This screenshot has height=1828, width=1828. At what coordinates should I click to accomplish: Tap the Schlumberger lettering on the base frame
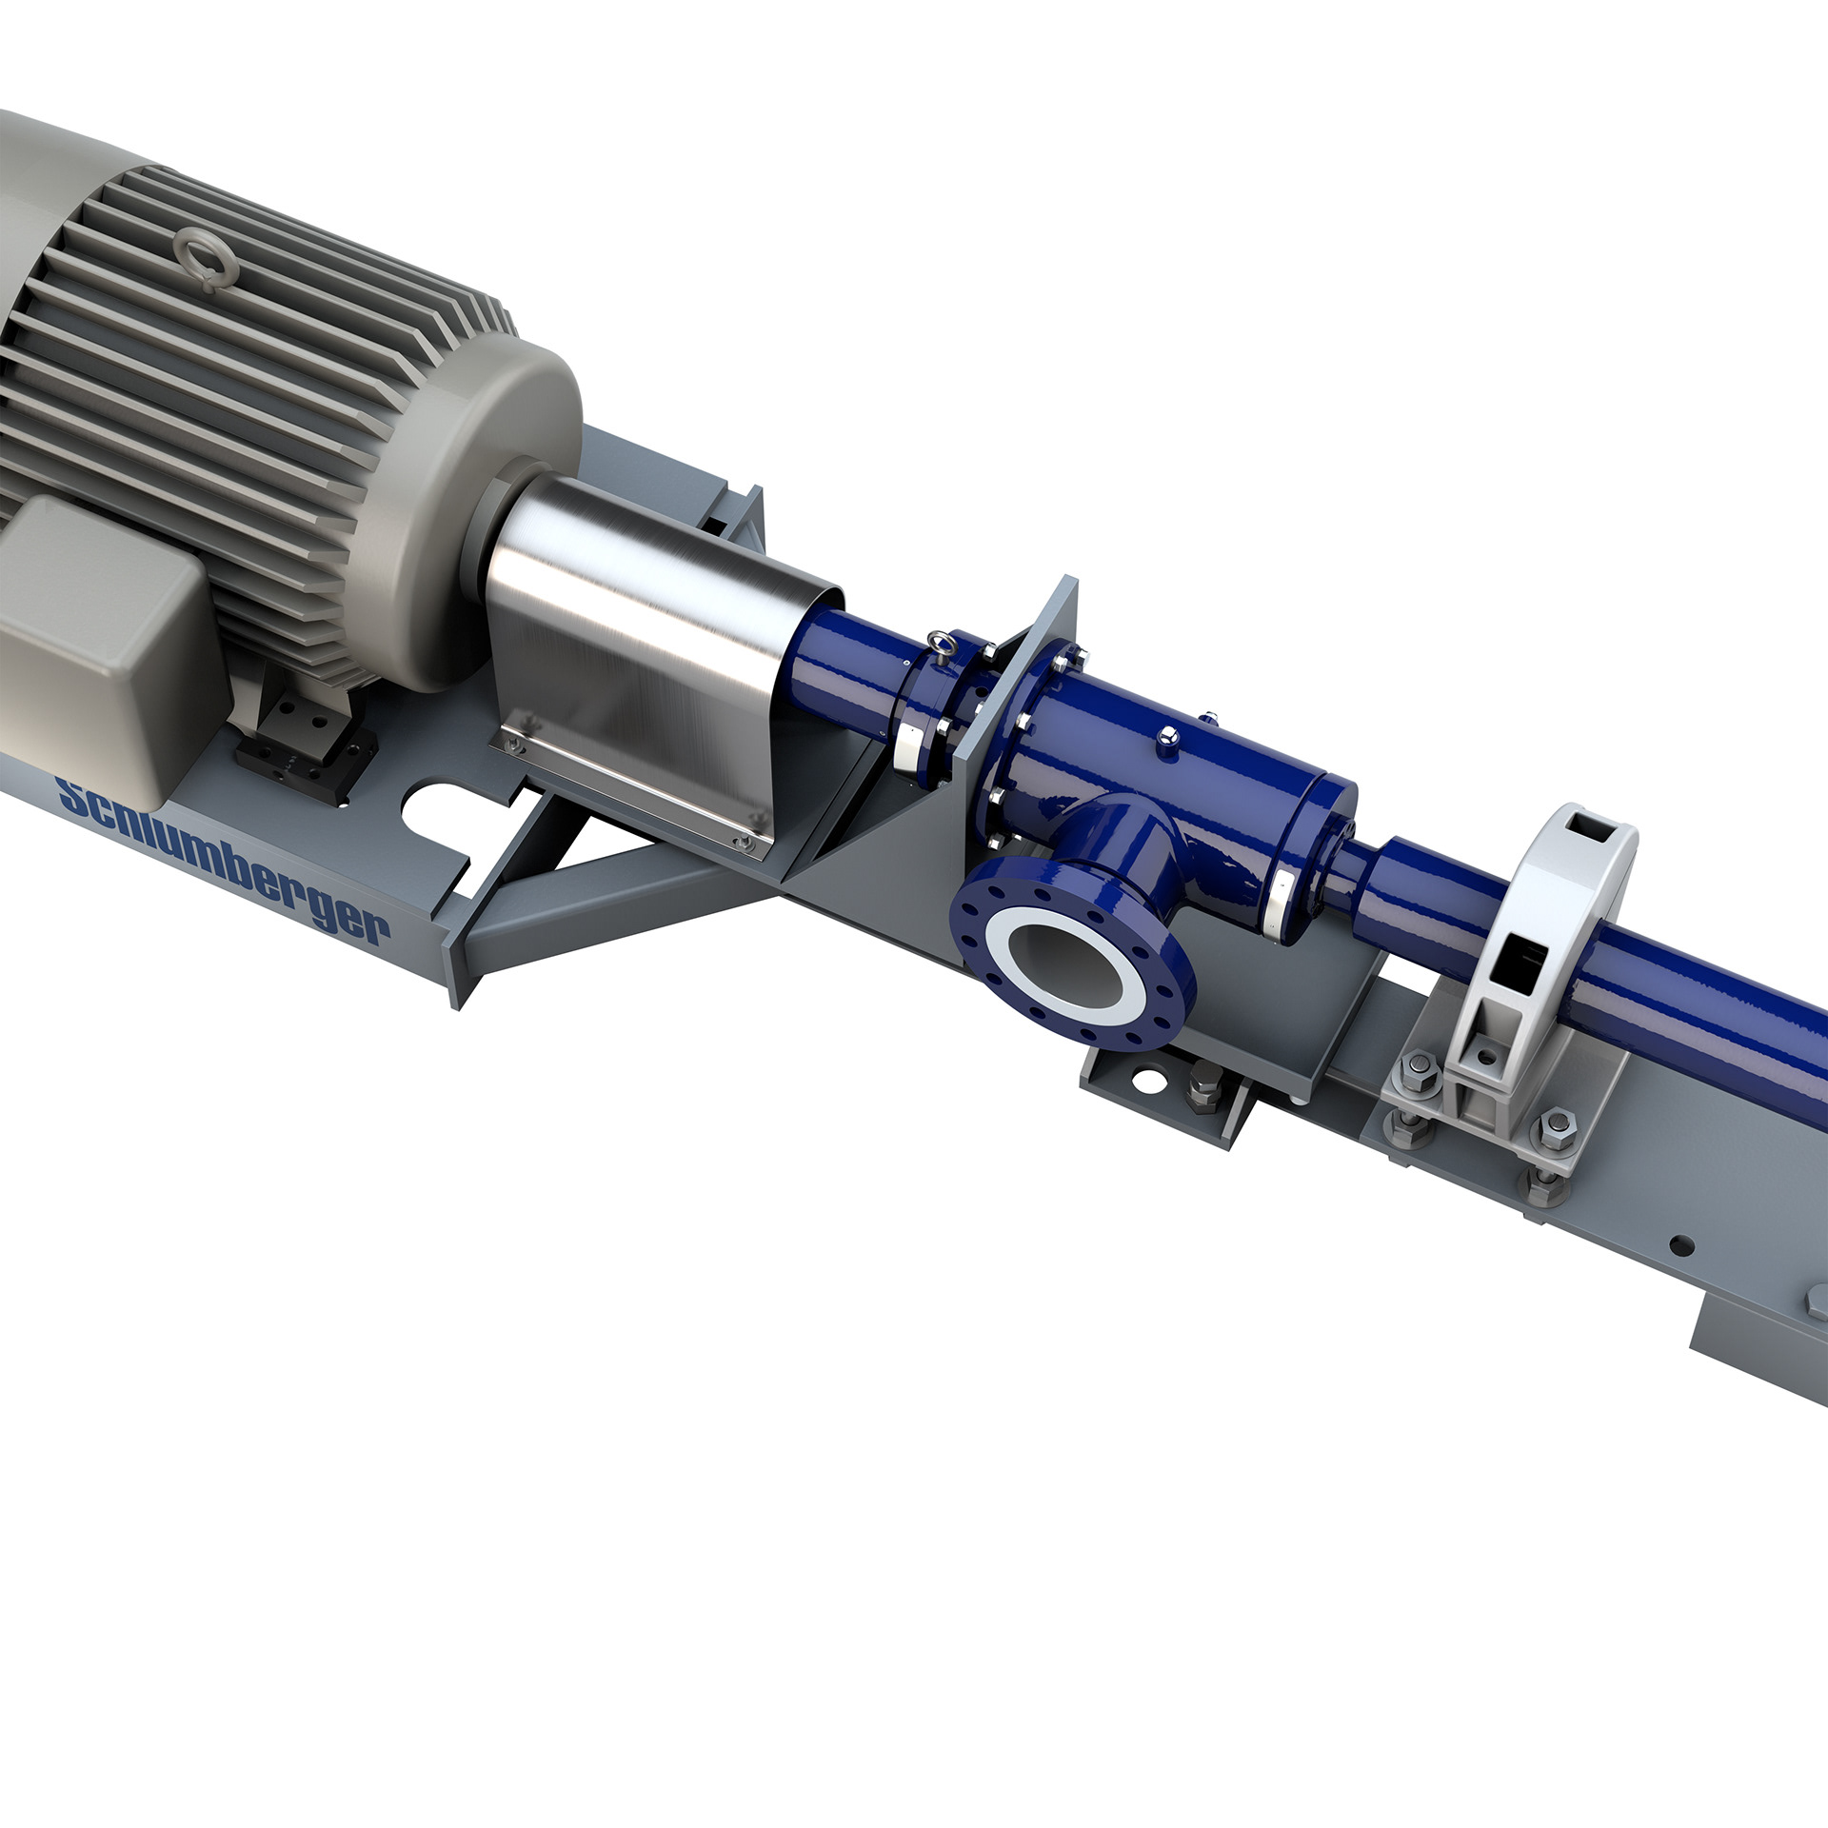[223, 861]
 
